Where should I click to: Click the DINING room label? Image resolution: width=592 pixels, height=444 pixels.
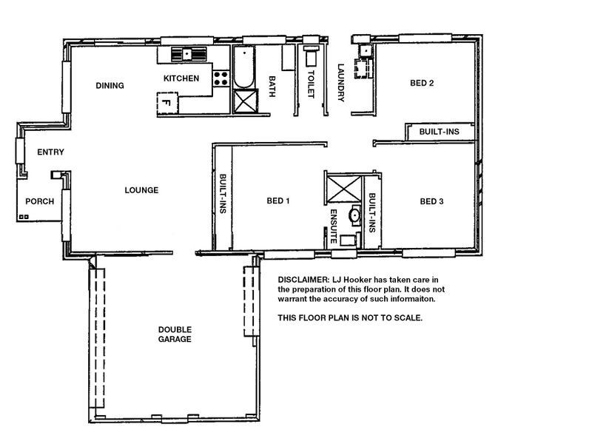point(110,86)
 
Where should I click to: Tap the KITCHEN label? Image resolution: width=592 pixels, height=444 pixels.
point(181,78)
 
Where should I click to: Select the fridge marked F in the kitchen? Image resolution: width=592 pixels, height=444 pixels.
point(167,103)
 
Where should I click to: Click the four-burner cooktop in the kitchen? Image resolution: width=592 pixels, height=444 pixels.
point(221,78)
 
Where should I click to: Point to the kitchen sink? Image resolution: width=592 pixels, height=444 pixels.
point(189,54)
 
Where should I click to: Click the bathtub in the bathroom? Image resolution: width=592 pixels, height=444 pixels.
point(244,67)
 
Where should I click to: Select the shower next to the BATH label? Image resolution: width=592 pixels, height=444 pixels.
point(246,101)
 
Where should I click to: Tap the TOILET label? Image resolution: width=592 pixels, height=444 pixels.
point(311,84)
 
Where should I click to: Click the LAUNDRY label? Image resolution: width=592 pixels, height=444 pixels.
point(341,83)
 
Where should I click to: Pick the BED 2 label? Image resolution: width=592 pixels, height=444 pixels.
point(422,83)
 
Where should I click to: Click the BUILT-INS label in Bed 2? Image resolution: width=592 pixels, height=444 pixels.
point(440,132)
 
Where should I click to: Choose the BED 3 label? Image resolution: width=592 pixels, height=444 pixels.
point(432,201)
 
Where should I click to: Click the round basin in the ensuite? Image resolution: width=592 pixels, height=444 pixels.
point(355,215)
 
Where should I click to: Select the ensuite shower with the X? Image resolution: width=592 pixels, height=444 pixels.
point(344,189)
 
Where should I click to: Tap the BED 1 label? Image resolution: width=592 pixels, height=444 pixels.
point(278,201)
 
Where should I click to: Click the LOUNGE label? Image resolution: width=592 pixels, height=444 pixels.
point(141,190)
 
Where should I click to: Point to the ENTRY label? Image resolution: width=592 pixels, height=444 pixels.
point(50,152)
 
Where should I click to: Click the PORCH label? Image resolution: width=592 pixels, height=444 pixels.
point(40,201)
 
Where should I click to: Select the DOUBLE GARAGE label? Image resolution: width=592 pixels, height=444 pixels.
point(175,334)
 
